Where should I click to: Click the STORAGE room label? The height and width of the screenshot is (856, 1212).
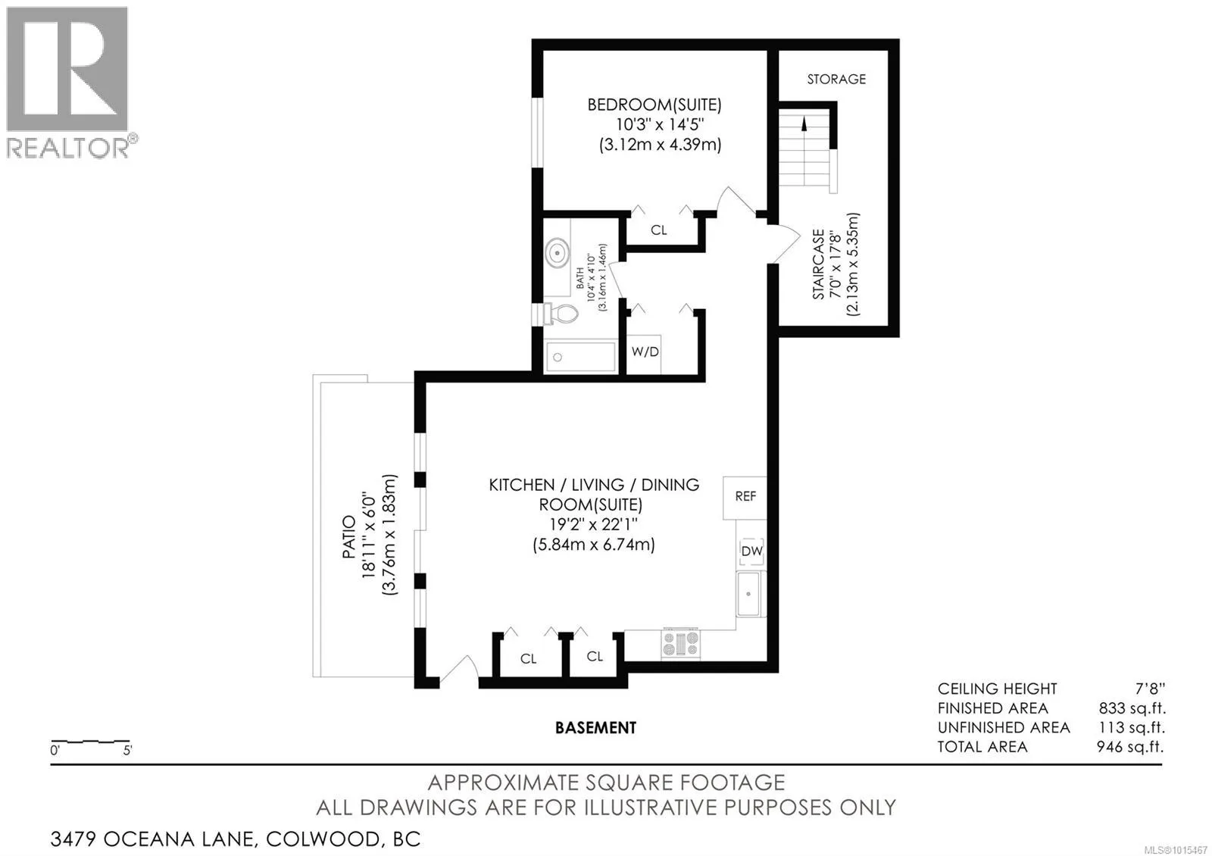[x=836, y=79]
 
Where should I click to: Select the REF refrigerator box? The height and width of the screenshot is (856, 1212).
[x=745, y=498]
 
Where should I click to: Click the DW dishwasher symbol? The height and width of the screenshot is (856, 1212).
[x=751, y=551]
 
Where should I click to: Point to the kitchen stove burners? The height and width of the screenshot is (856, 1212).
[x=681, y=644]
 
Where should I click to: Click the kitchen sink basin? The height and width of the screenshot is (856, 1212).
[x=748, y=594]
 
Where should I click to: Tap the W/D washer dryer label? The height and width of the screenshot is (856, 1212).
[x=645, y=351]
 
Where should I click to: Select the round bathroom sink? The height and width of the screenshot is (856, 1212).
[x=557, y=253]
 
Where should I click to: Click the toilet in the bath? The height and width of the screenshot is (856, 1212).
[x=561, y=314]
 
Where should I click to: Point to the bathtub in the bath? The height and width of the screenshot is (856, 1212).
[x=580, y=357]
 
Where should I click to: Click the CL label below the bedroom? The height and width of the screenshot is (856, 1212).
[x=658, y=230]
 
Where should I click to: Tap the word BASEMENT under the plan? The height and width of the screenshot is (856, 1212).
[x=595, y=728]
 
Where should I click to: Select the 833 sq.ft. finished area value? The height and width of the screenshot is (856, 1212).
[x=1132, y=708]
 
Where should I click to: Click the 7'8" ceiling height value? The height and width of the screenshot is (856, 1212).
[x=1150, y=689]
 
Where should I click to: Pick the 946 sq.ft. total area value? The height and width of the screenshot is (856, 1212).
[x=1130, y=747]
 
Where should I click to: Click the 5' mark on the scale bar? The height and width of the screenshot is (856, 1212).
[x=128, y=751]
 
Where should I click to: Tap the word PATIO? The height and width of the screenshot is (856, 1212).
[x=349, y=537]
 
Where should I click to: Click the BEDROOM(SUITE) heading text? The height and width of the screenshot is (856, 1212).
[x=654, y=105]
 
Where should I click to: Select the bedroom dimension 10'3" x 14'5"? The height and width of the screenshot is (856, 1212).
[x=660, y=124]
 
